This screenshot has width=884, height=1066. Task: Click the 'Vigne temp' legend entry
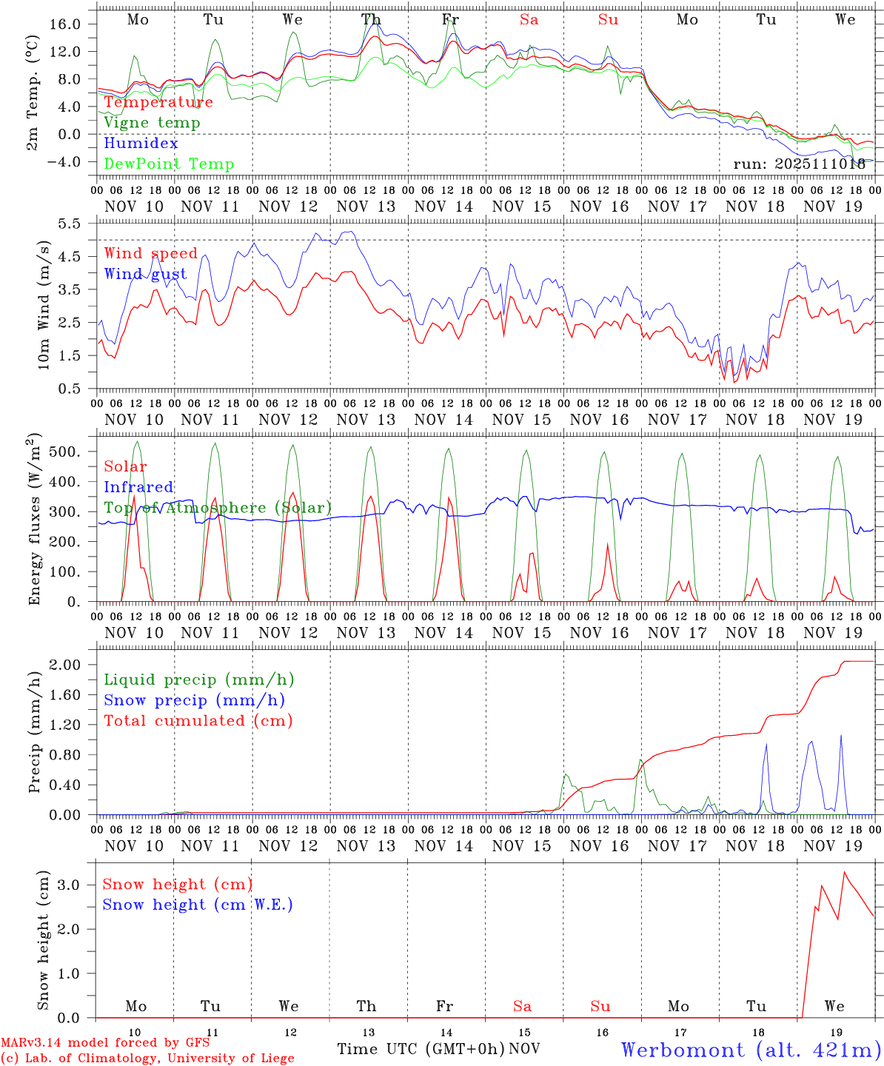tap(152, 123)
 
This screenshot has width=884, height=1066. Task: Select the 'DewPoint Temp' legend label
tap(169, 164)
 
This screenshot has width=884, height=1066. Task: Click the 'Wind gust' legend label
tap(145, 274)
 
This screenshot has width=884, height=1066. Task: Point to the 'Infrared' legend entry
tap(138, 487)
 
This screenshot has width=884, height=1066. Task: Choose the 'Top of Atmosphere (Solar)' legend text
tap(218, 508)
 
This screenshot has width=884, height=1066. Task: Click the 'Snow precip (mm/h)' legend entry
tap(194, 700)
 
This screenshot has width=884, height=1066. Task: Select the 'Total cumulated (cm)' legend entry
tap(198, 720)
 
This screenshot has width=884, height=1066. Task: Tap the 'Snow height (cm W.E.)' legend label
tap(197, 905)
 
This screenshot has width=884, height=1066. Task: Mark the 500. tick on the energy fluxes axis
tap(65, 452)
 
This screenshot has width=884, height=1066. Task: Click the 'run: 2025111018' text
tap(800, 164)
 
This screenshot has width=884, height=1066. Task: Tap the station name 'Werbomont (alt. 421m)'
tap(751, 1050)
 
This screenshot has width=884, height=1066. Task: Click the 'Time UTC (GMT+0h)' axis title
tap(421, 1049)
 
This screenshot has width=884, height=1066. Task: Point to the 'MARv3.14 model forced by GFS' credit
tap(105, 1043)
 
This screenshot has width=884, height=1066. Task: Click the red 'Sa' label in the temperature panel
tap(529, 20)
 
